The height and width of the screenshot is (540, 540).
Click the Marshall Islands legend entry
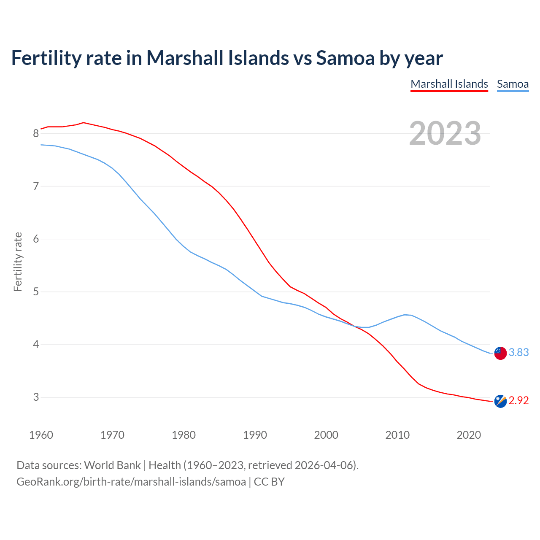449,84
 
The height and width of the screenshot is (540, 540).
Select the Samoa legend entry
513,84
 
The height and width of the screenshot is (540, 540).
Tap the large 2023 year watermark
445,133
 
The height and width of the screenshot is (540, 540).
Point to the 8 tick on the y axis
36,134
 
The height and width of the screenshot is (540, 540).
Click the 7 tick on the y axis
36,186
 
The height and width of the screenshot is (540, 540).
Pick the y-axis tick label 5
36,292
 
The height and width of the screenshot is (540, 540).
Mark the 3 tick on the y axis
36,397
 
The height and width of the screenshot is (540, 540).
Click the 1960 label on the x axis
41,435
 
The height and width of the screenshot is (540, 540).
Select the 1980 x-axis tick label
184,435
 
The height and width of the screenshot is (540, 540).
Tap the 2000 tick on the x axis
326,435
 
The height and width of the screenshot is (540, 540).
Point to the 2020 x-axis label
469,435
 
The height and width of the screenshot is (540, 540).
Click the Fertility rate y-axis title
18,262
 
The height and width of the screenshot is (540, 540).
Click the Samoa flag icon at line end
500,353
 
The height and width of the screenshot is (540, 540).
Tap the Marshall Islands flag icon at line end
500,401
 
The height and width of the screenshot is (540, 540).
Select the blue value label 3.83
518,353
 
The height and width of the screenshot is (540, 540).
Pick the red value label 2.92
518,401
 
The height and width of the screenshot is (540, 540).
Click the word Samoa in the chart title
345,58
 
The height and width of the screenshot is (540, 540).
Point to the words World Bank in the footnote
112,465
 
